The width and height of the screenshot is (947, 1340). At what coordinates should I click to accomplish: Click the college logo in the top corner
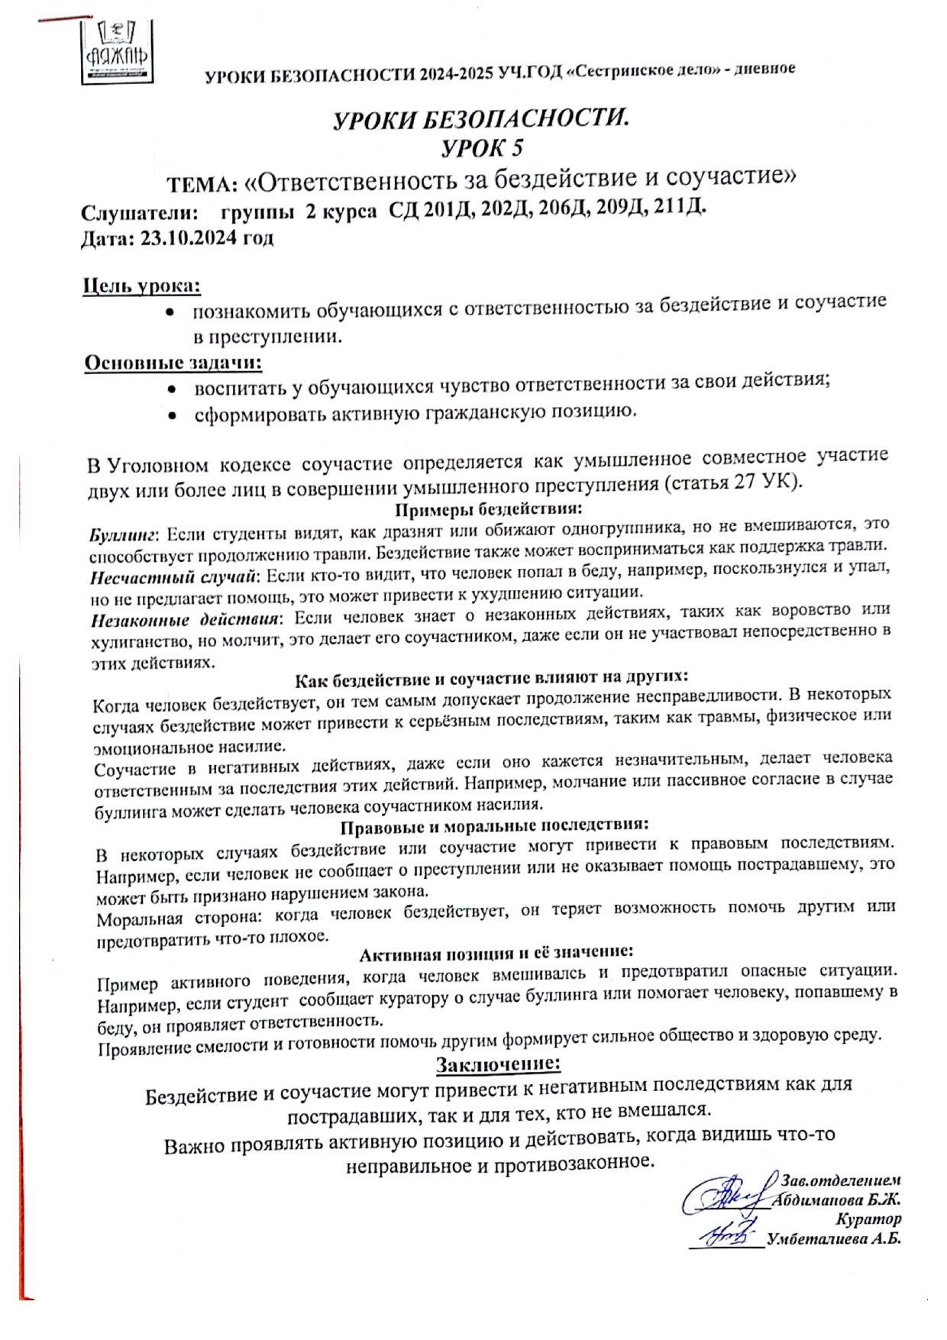pyautogui.click(x=117, y=51)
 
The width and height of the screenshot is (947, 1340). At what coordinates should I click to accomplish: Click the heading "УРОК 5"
pyautogui.click(x=482, y=147)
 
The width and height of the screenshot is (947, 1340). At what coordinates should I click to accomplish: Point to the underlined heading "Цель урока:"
pyautogui.click(x=142, y=286)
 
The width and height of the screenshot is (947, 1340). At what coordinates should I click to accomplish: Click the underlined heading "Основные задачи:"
pyautogui.click(x=173, y=362)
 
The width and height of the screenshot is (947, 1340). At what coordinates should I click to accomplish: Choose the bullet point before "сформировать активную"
pyautogui.click(x=174, y=416)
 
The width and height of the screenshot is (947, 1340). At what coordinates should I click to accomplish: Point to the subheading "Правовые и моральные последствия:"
pyautogui.click(x=494, y=826)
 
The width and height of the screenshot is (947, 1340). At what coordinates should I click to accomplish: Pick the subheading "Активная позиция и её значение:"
pyautogui.click(x=496, y=954)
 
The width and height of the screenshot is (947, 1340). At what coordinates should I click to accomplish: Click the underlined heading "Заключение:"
pyautogui.click(x=498, y=1064)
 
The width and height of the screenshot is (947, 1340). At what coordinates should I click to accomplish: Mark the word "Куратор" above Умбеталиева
pyautogui.click(x=868, y=1219)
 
